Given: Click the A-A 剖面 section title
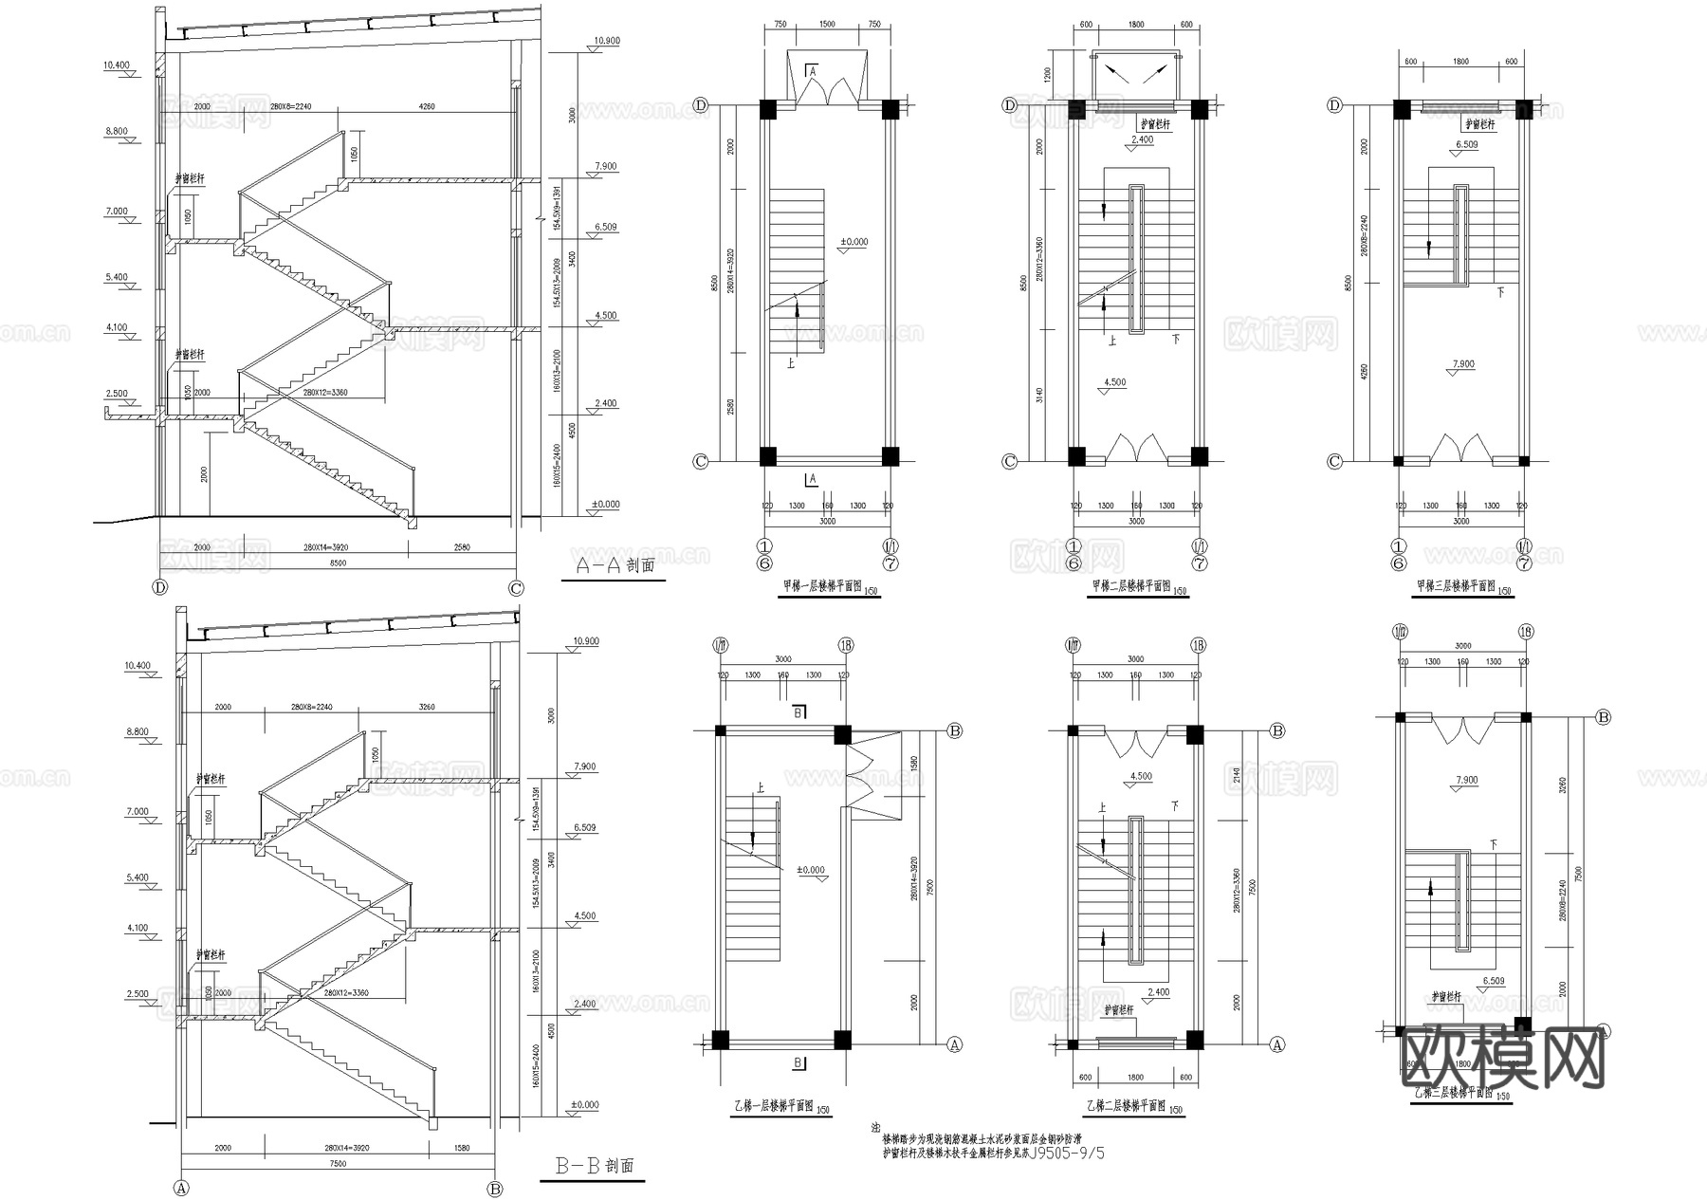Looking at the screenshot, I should click(616, 565).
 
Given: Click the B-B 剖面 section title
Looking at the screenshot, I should click(596, 1166).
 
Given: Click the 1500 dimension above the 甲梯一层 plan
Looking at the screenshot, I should click(827, 25).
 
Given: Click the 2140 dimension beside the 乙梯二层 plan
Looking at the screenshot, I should click(1237, 780).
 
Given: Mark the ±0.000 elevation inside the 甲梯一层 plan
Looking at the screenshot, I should click(853, 243).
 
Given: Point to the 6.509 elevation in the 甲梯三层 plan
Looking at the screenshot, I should click(1466, 145).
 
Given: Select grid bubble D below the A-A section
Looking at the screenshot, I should click(159, 588).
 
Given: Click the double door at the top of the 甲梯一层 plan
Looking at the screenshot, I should click(827, 82).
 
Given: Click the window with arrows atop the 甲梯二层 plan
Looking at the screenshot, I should click(1136, 73).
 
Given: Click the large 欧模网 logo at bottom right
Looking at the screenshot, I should click(1502, 1059).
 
